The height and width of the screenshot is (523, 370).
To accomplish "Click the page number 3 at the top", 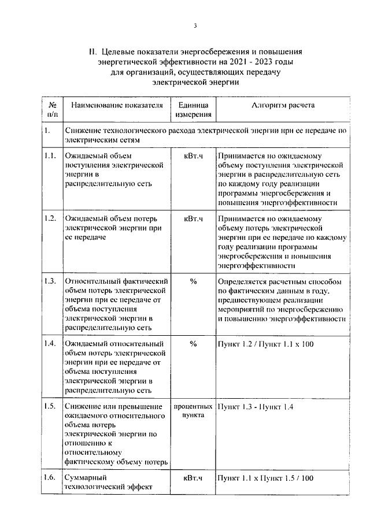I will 195,25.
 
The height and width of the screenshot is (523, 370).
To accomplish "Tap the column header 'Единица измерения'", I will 193,110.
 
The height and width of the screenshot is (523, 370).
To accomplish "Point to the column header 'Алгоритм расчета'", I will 283,106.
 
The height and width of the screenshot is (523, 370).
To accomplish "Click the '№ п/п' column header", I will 51,110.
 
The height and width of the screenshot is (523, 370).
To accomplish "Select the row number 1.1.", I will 50,155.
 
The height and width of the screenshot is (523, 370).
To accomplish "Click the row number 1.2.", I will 50,218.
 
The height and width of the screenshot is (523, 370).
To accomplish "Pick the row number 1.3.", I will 50,281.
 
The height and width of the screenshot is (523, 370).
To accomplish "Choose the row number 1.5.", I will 50,406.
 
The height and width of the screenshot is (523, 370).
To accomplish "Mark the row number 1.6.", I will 50,478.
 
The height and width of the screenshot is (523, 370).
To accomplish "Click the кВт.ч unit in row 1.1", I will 193,155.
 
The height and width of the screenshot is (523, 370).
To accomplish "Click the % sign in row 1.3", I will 193,281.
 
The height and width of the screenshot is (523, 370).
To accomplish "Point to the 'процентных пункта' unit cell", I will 193,411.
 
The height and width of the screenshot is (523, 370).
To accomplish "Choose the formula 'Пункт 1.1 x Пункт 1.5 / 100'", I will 265,479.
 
